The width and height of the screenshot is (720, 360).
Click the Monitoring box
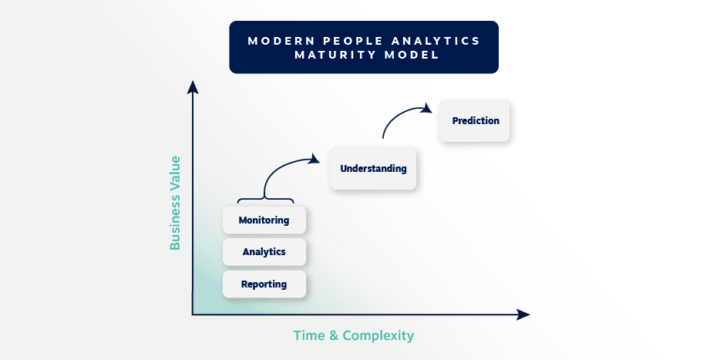[264, 220]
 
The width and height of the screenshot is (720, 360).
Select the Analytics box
[264, 252]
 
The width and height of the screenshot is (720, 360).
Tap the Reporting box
[264, 284]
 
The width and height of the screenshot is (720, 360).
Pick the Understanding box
[373, 169]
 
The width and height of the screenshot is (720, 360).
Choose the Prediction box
[476, 121]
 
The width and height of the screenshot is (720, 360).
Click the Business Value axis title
[176, 203]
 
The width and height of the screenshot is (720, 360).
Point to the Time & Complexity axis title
[353, 335]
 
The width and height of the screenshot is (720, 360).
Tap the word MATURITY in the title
[339, 56]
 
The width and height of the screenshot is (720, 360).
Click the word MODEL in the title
[412, 56]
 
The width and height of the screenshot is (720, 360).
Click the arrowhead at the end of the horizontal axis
[523, 315]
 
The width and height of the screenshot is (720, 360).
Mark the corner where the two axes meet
[193, 315]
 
